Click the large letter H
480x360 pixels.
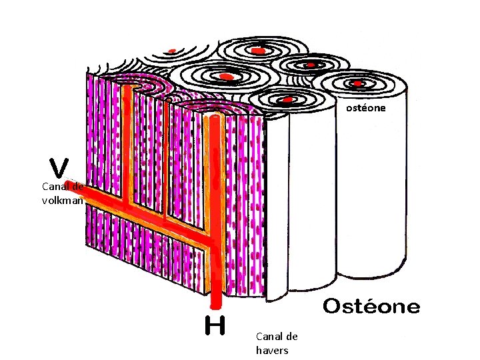tap(215, 325)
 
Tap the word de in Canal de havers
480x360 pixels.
tap(292, 337)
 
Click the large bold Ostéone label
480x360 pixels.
tap(371, 307)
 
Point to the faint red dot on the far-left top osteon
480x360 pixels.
tap(172, 51)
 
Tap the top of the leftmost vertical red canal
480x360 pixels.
tap(127, 90)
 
